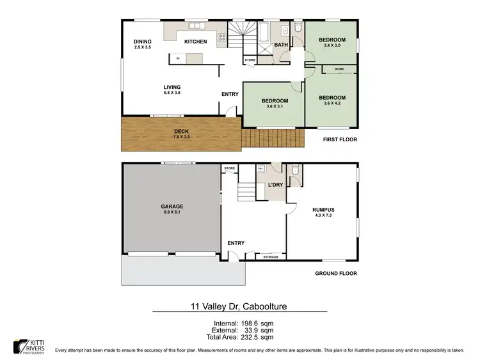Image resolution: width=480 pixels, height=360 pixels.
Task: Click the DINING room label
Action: [142, 42]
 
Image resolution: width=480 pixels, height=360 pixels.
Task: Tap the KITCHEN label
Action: [195, 42]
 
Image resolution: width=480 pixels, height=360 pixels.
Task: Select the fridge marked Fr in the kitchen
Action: [179, 59]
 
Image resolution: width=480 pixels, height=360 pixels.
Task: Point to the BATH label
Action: [281, 45]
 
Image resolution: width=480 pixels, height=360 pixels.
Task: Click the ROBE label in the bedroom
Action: [339, 68]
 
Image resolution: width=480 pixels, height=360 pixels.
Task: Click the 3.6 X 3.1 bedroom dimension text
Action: [274, 107]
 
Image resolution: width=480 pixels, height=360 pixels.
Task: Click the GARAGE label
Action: [172, 206]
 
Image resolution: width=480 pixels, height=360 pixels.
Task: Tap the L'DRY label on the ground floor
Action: [275, 185]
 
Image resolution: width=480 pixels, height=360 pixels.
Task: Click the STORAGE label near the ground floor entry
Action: [270, 256]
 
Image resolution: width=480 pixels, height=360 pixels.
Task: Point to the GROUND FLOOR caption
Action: [335, 273]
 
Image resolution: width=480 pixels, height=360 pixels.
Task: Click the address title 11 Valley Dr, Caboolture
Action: [239, 306]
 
